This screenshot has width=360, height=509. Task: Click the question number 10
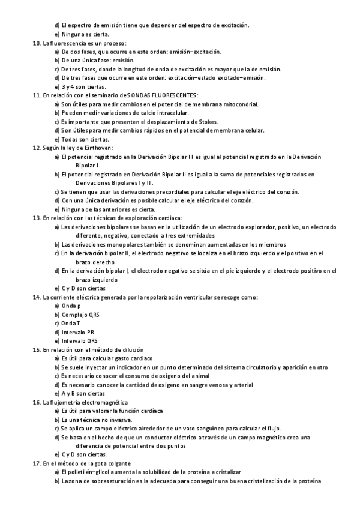click(x=35, y=43)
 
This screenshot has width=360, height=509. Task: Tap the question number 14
click(x=35, y=297)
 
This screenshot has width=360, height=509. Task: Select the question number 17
click(x=35, y=464)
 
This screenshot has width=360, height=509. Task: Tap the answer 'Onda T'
click(x=71, y=323)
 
